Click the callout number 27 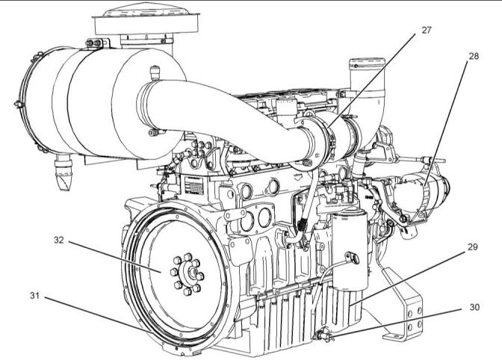427,30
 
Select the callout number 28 474,56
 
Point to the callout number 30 474,307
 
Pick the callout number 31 34,295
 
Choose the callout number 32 58,240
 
